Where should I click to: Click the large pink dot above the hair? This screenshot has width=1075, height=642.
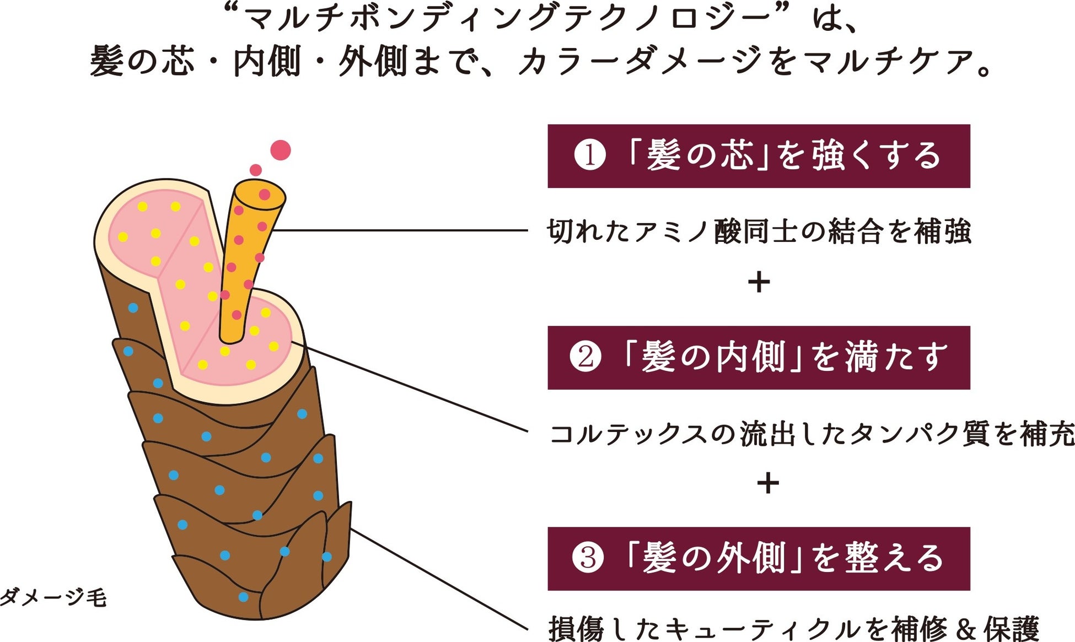281,150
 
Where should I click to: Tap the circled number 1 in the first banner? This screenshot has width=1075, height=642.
589,156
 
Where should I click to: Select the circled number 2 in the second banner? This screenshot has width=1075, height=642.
585,357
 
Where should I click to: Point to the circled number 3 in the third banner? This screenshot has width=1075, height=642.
588,558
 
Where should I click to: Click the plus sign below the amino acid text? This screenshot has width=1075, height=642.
759,282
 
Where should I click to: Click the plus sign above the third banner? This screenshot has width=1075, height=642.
767,483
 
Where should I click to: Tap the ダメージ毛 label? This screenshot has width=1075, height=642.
53,597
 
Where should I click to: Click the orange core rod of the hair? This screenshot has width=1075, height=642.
243,265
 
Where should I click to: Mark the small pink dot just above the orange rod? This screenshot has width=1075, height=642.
255,170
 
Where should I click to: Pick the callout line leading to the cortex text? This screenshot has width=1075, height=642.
413,389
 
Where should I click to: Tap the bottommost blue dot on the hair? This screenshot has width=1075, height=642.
243,597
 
